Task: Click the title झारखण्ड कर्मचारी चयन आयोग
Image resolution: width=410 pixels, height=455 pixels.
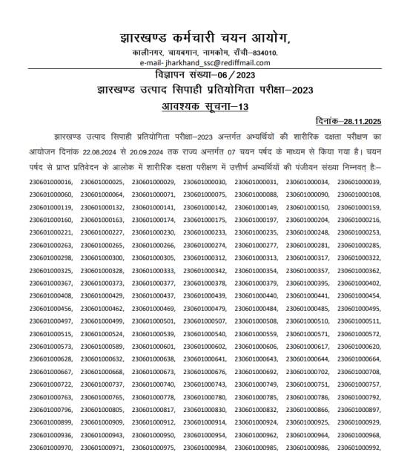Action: [x=205, y=38]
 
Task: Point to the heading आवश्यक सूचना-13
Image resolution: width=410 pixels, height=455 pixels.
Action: [x=205, y=105]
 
